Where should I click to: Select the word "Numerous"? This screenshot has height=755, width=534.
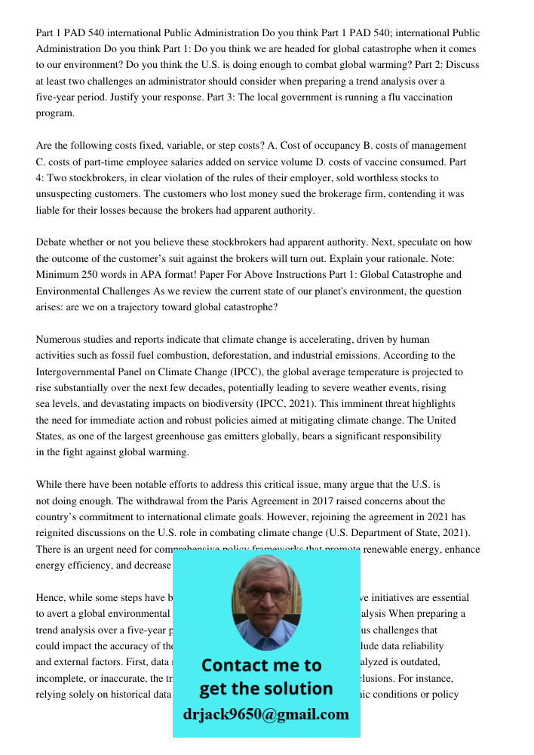[x=59, y=340]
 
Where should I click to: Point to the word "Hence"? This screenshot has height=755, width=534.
[x=51, y=598]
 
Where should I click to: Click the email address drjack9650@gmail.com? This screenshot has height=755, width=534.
[x=265, y=714]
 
